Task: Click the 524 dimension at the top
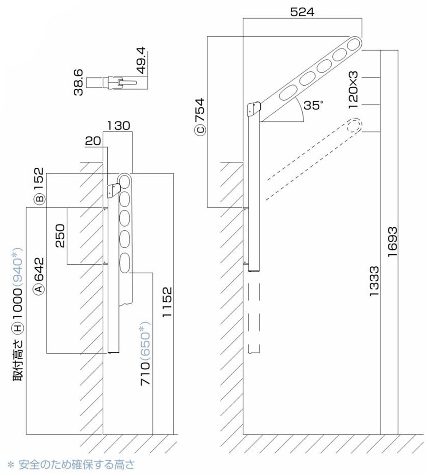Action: pyautogui.click(x=302, y=12)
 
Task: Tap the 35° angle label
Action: pyautogui.click(x=313, y=105)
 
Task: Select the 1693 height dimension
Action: pyautogui.click(x=392, y=242)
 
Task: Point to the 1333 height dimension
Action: pyautogui.click(x=374, y=281)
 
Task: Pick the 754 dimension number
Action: pyautogui.click(x=200, y=110)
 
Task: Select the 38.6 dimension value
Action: pyautogui.click(x=78, y=82)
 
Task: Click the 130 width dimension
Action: pyautogui.click(x=118, y=126)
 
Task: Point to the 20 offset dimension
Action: pyautogui.click(x=93, y=141)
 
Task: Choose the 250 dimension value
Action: pyautogui.click(x=60, y=236)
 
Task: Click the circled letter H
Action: pyautogui.click(x=18, y=328)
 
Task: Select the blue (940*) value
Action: pyautogui.click(x=18, y=268)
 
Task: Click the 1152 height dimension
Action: pyautogui.click(x=166, y=302)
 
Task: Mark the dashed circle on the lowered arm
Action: pyautogui.click(x=354, y=126)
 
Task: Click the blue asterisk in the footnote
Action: pyautogui.click(x=11, y=465)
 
